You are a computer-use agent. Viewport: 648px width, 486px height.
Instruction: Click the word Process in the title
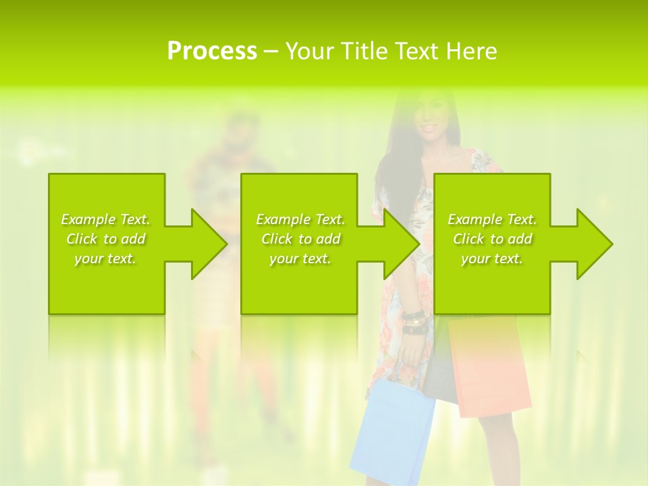coord(212,51)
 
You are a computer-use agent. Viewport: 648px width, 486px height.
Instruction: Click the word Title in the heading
coord(362,51)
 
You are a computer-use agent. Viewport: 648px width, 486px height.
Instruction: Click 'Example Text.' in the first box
coord(105,219)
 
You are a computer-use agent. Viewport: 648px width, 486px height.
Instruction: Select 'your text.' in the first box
coord(105,259)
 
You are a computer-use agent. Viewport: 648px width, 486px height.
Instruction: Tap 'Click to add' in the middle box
coord(300,239)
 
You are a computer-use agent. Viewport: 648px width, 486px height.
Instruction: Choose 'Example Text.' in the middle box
coord(300,219)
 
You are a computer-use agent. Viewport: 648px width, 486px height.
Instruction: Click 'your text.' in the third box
coord(492,259)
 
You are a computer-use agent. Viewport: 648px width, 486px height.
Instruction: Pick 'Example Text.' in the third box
coord(492,219)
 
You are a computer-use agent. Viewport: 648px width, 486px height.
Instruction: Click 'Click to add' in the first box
coord(105,239)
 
